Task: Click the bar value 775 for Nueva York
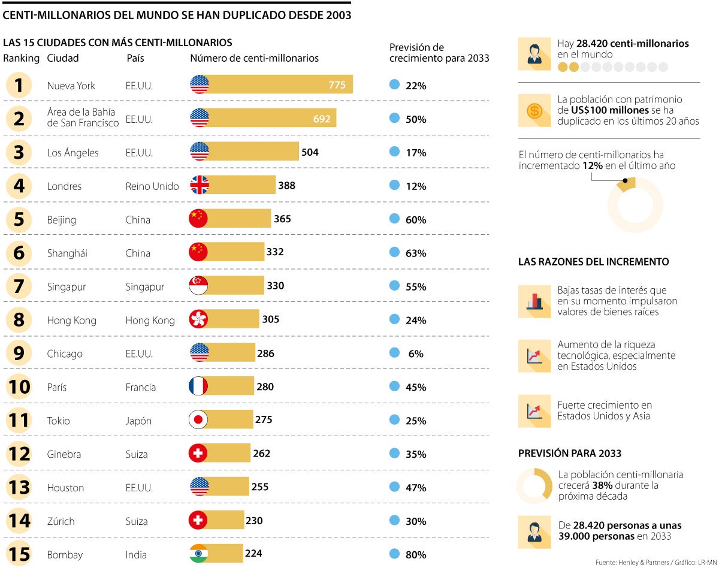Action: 337,85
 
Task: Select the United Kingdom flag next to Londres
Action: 199,186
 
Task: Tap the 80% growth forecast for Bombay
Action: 415,555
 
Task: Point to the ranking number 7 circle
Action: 19,286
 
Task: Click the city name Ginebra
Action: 64,454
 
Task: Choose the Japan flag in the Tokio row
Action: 198,420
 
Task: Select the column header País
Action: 135,58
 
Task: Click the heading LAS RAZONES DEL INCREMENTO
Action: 593,262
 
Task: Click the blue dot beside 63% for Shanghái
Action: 394,252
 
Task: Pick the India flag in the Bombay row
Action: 198,554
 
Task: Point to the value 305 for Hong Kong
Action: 270,319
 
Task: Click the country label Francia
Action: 141,387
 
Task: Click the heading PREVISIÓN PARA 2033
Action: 569,453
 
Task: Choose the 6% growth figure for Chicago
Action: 415,354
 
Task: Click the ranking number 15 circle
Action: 19,554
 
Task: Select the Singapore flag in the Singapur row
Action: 198,286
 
